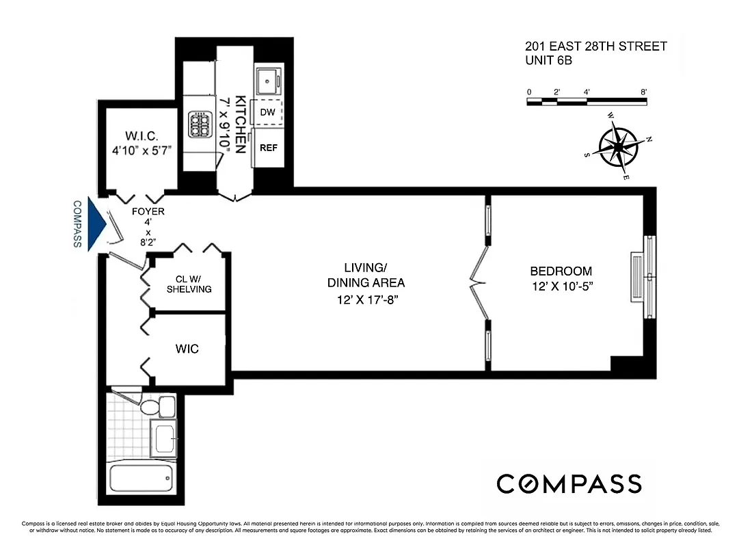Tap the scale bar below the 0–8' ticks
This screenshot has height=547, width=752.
(x=587, y=102)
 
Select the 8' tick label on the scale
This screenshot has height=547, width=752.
(x=643, y=91)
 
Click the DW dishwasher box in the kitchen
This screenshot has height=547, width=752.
(x=268, y=112)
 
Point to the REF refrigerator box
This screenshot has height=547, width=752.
(x=268, y=148)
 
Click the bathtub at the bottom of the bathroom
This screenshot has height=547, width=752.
(x=142, y=479)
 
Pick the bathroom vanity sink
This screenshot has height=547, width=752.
(x=164, y=438)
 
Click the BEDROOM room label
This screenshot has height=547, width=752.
(x=561, y=271)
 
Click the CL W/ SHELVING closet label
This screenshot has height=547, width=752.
(x=189, y=283)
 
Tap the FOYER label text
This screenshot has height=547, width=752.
(x=148, y=211)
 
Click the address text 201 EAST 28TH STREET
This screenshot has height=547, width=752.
(x=595, y=46)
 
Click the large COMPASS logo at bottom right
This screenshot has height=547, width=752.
(x=569, y=483)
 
